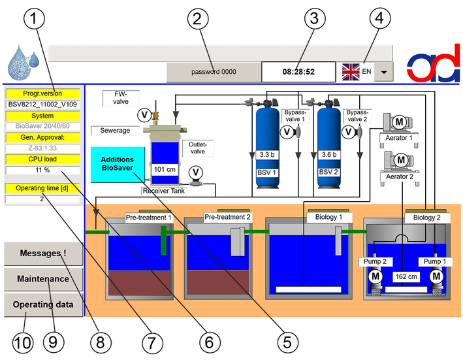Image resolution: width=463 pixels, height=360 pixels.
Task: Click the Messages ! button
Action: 43,254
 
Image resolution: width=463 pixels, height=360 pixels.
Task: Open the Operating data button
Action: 43,304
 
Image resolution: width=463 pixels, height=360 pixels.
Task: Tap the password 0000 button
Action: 214,72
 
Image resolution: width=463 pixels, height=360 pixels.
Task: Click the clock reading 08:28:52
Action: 298,72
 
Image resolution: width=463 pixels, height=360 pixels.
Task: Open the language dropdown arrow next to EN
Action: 383,72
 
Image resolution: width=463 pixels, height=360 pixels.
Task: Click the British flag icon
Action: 351,72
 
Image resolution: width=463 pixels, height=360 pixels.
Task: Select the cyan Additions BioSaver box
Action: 118,165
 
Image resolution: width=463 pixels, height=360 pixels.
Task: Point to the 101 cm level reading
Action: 165,169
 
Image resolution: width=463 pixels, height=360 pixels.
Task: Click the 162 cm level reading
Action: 406,277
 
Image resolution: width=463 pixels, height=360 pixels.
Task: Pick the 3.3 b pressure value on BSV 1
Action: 267,155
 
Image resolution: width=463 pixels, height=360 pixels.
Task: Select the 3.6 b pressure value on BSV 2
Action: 329,155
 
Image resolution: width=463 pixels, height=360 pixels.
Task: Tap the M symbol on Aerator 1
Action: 399,122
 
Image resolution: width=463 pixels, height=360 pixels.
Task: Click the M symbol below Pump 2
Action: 375,276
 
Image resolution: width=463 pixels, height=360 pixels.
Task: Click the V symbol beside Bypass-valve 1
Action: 287,132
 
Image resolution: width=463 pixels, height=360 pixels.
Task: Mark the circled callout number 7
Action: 152,343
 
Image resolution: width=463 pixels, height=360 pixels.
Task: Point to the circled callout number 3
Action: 315,18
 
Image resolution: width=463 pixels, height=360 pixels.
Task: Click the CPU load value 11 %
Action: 42,170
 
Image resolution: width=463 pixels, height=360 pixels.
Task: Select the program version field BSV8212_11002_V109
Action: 42,105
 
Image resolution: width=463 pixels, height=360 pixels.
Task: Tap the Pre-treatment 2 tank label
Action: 227,218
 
